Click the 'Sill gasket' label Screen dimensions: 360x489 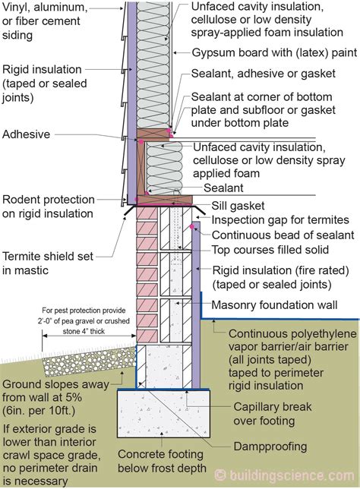[x=238, y=206]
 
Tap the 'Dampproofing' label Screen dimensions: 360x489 [x=270, y=446]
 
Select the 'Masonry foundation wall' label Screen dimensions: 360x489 [x=274, y=304]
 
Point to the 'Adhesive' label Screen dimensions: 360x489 [x=27, y=134]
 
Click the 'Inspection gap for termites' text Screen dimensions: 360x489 [x=280, y=220]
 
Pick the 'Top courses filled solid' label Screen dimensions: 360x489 [x=270, y=250]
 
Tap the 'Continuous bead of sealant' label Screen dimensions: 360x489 [x=283, y=235]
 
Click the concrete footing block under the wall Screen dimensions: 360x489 [x=163, y=414]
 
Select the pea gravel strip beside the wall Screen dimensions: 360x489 [x=90, y=361]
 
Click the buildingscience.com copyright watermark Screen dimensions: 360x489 [x=285, y=475]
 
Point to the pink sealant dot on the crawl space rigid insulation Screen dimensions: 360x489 [x=192, y=226]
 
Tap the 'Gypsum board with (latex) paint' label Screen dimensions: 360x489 [x=274, y=52]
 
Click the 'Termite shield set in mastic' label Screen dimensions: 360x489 [x=48, y=263]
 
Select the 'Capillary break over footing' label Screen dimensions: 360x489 [x=273, y=414]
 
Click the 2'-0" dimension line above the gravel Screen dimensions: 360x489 [x=90, y=336]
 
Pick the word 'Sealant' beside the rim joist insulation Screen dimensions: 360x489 [x=223, y=188]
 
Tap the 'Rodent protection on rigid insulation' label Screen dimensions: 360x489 [x=49, y=207]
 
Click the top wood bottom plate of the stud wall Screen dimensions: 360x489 [x=153, y=134]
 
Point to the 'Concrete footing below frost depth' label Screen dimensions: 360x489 [x=162, y=461]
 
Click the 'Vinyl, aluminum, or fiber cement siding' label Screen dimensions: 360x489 [x=45, y=21]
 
